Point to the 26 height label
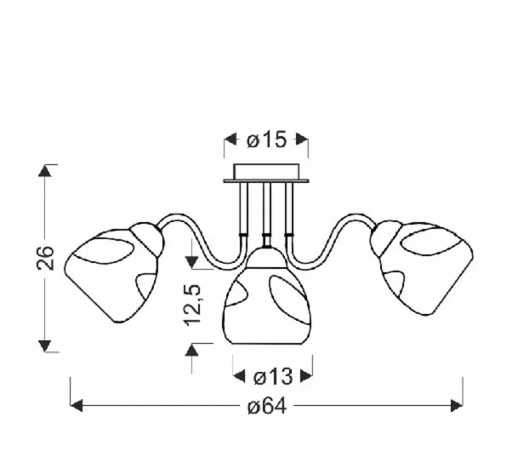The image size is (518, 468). tap(45, 258)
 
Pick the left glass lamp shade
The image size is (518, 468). tap(114, 272)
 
